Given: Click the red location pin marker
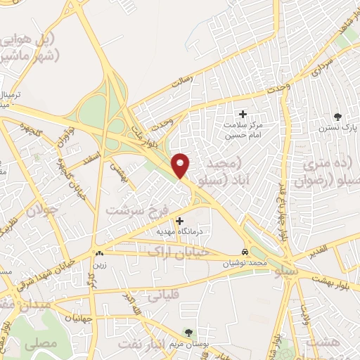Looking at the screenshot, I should pos(181,165).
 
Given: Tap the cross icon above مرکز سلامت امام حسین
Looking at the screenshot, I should pos(243,114).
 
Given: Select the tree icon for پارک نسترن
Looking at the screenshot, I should pos(338,117).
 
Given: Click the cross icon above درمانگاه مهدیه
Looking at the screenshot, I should pos(180,221).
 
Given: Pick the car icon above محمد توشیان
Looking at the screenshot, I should pos(244,252).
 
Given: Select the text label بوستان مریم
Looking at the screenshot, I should pos(188,345).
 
